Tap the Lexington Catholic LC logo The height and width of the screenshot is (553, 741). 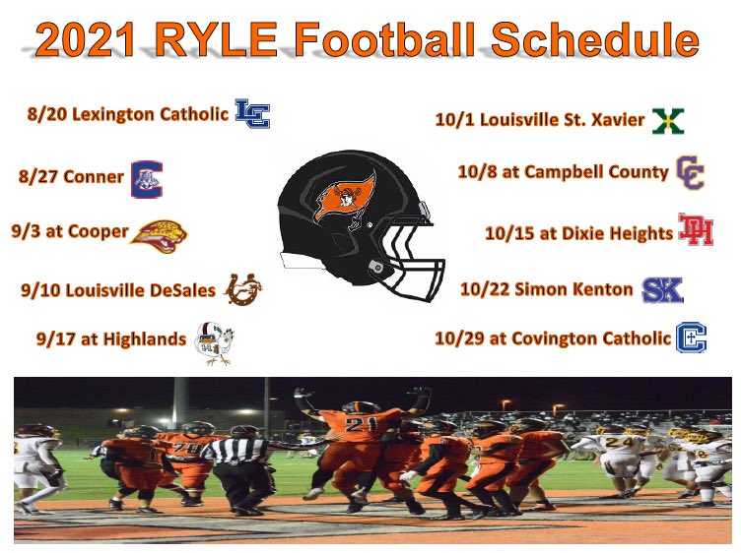point(252,114)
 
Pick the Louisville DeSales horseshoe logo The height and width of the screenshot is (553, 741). point(242,289)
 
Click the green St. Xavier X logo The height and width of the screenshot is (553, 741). point(668,121)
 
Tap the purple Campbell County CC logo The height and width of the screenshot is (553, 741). point(690,173)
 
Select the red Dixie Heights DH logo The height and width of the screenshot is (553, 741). point(696,231)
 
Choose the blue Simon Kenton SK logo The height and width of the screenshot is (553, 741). point(661,289)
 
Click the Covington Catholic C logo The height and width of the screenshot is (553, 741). point(692,338)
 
